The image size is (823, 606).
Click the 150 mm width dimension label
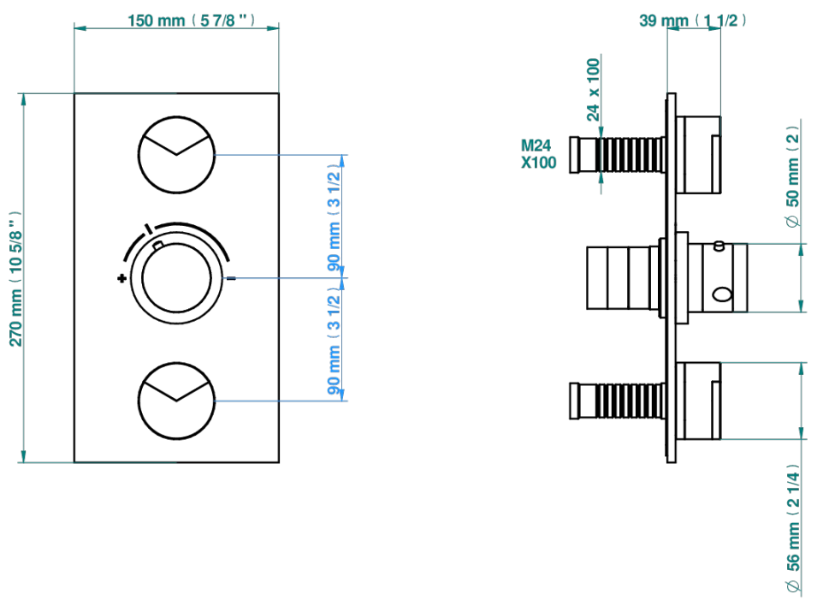(x=191, y=21)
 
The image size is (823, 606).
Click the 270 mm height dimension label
(x=15, y=279)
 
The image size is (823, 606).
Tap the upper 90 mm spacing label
(x=334, y=218)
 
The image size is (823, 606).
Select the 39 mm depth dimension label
(x=692, y=21)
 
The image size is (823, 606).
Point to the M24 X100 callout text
(x=538, y=154)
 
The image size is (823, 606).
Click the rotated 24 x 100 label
(x=593, y=90)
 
